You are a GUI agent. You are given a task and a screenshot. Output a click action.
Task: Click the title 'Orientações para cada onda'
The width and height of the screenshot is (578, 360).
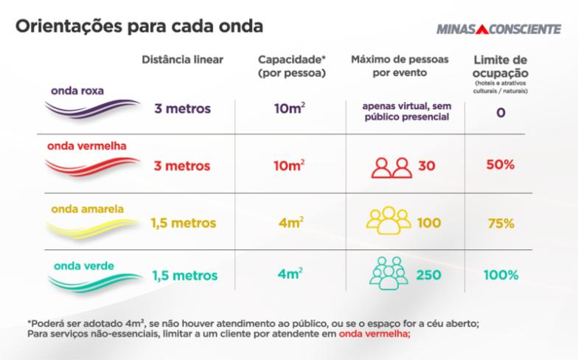coord(139,27)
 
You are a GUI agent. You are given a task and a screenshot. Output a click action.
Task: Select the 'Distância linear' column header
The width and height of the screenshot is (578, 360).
coord(182,59)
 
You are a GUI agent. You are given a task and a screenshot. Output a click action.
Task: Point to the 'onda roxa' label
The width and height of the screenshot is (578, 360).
coord(77,91)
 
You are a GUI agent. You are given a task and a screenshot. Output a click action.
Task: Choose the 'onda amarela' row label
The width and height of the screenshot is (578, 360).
coord(87,209)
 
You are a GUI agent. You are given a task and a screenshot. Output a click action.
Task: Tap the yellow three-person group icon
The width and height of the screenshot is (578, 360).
coord(388,221)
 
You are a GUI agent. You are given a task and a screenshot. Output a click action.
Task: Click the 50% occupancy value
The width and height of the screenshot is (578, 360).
coord(499,165)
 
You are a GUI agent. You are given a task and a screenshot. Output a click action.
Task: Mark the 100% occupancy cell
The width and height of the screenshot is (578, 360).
coord(499,275)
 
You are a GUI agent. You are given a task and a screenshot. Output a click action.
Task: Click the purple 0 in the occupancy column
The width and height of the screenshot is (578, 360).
coord(499,115)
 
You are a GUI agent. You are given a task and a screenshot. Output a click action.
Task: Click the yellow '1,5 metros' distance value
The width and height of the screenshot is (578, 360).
coord(184,221)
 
